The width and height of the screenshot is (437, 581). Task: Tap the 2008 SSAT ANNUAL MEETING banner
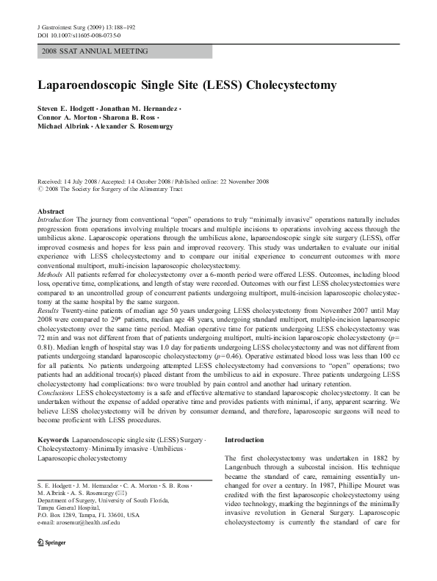95,51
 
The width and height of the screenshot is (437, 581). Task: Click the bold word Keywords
54,439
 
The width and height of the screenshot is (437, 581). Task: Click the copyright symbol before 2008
40,188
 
